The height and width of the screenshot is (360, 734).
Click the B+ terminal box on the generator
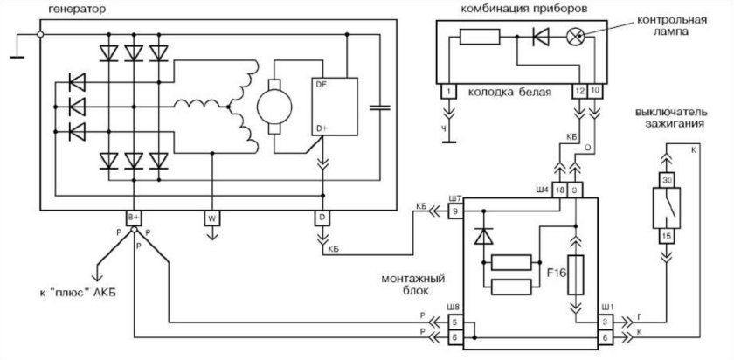pyautogui.click(x=135, y=216)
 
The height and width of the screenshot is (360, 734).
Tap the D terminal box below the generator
pyautogui.click(x=322, y=216)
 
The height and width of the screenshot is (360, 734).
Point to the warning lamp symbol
pyautogui.click(x=574, y=37)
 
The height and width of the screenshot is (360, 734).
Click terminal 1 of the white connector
pyautogui.click(x=448, y=90)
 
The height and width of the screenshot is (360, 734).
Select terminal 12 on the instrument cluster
pyautogui.click(x=579, y=90)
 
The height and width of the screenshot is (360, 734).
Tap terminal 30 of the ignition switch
pyautogui.click(x=667, y=179)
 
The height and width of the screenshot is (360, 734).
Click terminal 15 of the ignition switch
pyautogui.click(x=667, y=235)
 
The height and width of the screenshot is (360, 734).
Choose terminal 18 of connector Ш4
pyautogui.click(x=560, y=190)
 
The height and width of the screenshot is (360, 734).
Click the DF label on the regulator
pyautogui.click(x=321, y=85)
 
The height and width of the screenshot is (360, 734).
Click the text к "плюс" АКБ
pyautogui.click(x=74, y=292)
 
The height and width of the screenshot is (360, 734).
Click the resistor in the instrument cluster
pyautogui.click(x=479, y=37)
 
